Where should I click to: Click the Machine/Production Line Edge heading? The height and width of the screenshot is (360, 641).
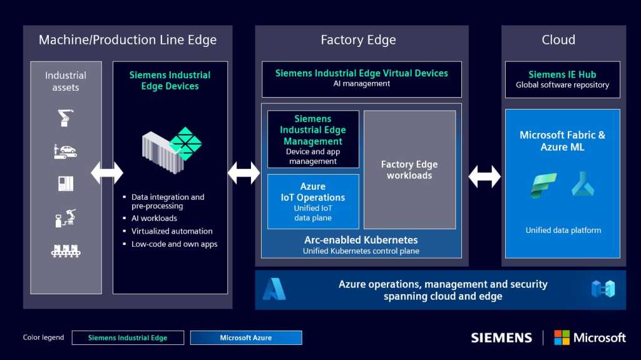click(x=128, y=40)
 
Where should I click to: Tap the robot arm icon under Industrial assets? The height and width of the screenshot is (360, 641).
click(x=65, y=117)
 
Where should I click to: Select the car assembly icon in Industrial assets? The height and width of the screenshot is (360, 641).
click(x=65, y=150)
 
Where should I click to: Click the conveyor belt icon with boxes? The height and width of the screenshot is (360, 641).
click(x=65, y=250)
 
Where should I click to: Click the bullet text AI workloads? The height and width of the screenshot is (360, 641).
click(x=154, y=219)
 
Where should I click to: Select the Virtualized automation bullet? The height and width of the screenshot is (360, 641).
click(x=172, y=231)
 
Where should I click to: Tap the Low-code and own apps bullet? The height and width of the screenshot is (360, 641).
click(x=174, y=244)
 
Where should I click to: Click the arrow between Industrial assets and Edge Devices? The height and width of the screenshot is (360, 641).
click(x=107, y=173)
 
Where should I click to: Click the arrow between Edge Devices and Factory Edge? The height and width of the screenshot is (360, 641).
click(x=244, y=173)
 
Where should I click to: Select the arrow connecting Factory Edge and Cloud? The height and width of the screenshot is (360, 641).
click(x=485, y=177)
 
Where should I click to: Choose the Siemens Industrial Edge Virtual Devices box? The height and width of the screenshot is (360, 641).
click(x=362, y=78)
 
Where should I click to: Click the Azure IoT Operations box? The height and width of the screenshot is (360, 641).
click(x=313, y=202)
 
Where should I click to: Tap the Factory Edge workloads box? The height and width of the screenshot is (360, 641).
click(x=409, y=170)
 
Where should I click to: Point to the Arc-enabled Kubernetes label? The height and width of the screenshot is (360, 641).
click(x=361, y=240)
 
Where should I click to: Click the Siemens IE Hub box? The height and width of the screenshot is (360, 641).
click(x=562, y=79)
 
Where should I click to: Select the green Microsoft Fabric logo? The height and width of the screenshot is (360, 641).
click(x=543, y=186)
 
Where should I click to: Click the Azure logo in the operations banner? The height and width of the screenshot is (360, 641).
click(x=274, y=289)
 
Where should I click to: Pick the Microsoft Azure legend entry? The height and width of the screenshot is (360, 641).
click(x=245, y=338)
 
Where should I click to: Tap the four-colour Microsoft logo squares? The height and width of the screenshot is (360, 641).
click(x=562, y=337)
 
